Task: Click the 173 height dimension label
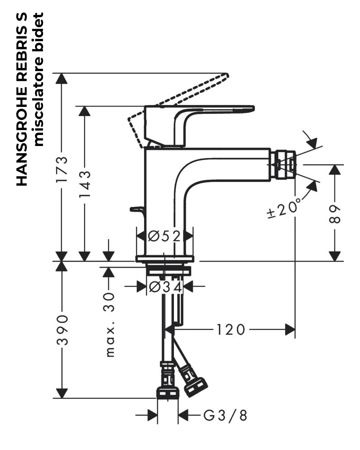62,169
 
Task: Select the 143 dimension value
85,184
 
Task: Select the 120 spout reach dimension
231,330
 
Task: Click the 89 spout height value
335,215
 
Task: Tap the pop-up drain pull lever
137,210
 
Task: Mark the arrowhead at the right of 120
290,330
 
